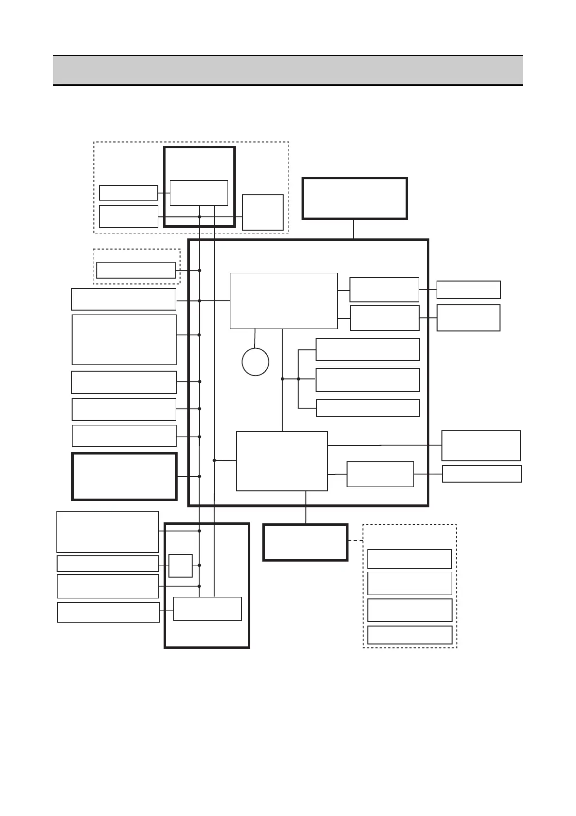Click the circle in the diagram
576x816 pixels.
(255, 361)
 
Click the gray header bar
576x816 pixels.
(288, 70)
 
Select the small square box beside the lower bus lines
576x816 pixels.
(180, 565)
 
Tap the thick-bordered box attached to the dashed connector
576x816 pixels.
(305, 542)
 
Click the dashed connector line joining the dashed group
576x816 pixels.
(355, 541)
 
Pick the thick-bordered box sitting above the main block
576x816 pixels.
(354, 198)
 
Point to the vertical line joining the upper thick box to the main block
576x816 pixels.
(353, 229)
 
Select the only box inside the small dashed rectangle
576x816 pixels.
(136, 270)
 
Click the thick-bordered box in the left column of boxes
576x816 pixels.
(124, 476)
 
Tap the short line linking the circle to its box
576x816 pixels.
(255, 338)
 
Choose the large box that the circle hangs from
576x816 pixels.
(283, 301)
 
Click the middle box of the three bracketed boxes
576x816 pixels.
(367, 380)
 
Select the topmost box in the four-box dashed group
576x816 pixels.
(409, 559)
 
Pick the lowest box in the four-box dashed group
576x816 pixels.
(409, 635)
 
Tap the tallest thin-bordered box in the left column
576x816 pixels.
(124, 340)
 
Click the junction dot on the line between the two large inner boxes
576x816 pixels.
(282, 379)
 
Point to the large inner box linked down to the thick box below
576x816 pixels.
(282, 461)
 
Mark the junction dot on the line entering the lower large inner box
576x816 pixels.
(214, 460)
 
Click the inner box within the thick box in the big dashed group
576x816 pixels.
(198, 193)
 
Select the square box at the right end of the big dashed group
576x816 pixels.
(262, 212)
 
